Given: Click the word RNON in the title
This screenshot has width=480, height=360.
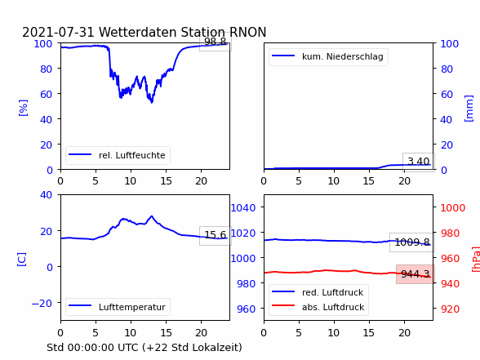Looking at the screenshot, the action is (x=247, y=32).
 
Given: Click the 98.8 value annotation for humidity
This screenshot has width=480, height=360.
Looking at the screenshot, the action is (x=216, y=42).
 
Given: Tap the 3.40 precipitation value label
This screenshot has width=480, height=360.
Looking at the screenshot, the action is (x=419, y=162).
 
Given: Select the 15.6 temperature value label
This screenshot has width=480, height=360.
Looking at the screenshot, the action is (x=216, y=235).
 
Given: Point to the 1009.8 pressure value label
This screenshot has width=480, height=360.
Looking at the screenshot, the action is (x=412, y=242).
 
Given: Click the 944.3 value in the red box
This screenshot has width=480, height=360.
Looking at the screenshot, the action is (x=415, y=274).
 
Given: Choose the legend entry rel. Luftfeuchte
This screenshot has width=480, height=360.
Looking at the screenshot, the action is (x=118, y=155).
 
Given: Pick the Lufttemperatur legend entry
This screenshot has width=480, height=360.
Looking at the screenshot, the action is (x=118, y=307).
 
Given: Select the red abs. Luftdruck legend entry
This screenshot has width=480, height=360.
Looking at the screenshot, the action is (x=318, y=307).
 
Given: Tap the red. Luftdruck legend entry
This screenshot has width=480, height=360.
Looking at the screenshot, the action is (x=318, y=292).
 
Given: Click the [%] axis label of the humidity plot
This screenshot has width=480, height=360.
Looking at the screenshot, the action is (x=23, y=108).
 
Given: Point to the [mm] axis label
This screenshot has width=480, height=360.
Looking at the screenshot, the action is (x=469, y=109).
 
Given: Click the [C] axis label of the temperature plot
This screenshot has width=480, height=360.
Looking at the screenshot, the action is (x=22, y=260).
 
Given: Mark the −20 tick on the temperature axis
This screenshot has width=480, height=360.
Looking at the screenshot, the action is (x=42, y=304).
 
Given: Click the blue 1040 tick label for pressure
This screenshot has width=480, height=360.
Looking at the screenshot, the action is (x=243, y=208).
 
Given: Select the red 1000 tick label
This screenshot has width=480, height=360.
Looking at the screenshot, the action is (x=453, y=208).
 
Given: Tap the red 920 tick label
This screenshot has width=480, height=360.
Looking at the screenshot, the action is (x=450, y=309).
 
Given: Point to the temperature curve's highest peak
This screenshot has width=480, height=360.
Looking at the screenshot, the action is (x=152, y=216).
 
